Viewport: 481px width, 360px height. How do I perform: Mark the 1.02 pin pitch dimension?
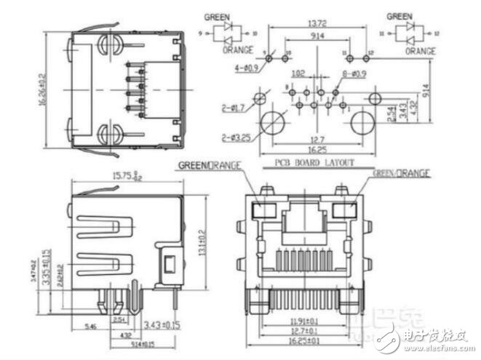click(298, 73)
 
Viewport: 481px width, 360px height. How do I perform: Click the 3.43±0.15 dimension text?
click(164, 323)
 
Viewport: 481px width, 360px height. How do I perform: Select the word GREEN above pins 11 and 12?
click(399, 15)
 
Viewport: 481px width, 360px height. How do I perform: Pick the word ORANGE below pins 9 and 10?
click(239, 50)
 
